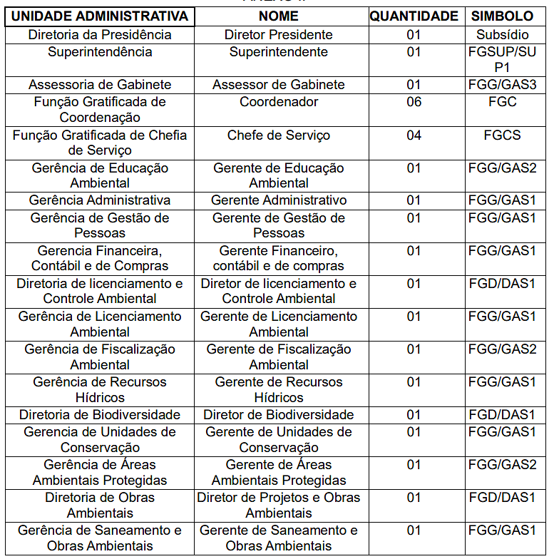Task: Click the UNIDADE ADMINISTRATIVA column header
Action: [x=101, y=16]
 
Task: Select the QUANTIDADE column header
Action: [x=414, y=16]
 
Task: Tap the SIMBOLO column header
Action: [x=502, y=16]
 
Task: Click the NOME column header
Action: [x=279, y=16]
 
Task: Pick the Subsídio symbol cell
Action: [x=502, y=35]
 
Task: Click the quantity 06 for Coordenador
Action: [x=414, y=102]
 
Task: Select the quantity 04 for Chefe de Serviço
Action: [x=414, y=135]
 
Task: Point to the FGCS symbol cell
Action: [x=502, y=135]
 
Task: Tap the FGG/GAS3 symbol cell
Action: [x=502, y=85]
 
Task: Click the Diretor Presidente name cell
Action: [x=279, y=35]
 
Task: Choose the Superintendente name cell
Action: [x=279, y=52]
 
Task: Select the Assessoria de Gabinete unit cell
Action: [x=101, y=85]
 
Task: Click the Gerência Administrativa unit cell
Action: [x=101, y=200]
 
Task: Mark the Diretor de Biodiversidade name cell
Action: [x=279, y=415]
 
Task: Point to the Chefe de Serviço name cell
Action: [x=279, y=135]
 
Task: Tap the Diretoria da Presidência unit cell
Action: [x=101, y=35]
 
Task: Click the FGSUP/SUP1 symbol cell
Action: [x=502, y=59]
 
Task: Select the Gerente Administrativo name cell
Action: [x=279, y=200]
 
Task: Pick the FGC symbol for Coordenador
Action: [x=502, y=102]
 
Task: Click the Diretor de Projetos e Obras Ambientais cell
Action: [x=279, y=505]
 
